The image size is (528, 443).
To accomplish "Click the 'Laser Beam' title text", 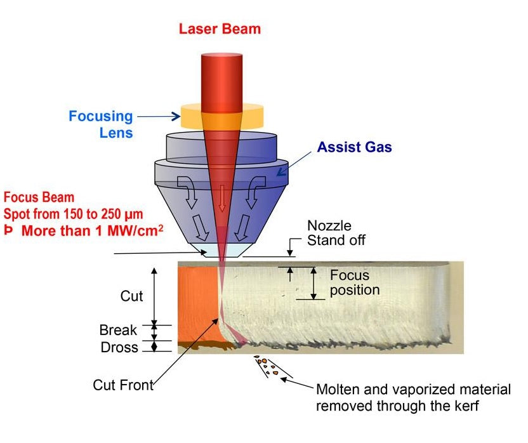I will [220, 29].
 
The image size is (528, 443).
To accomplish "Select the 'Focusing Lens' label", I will [101, 124].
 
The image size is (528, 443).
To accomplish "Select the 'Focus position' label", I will [354, 283].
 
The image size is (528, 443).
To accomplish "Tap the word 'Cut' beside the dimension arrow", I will [132, 296].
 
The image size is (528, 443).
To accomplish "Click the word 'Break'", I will [118, 330].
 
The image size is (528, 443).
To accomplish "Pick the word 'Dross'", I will [119, 347].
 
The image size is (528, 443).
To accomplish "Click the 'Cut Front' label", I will [123, 385].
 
